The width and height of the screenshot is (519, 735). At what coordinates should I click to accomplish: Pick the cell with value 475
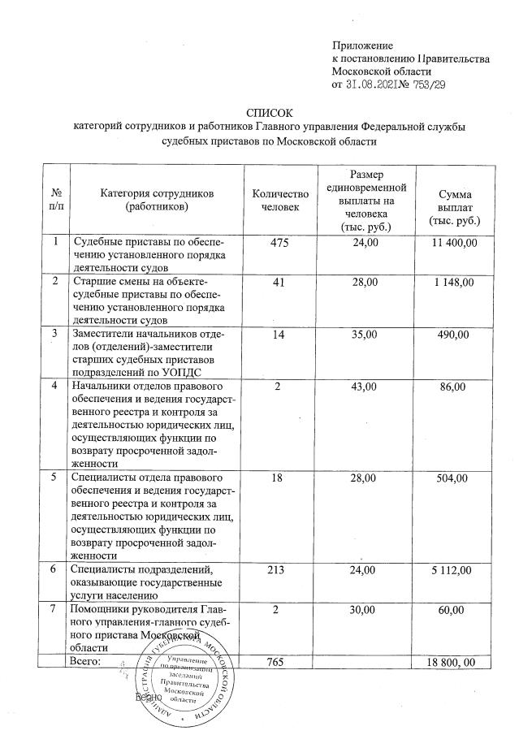pos(280,242)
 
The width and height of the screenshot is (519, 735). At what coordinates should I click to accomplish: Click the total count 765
pos(280,663)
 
